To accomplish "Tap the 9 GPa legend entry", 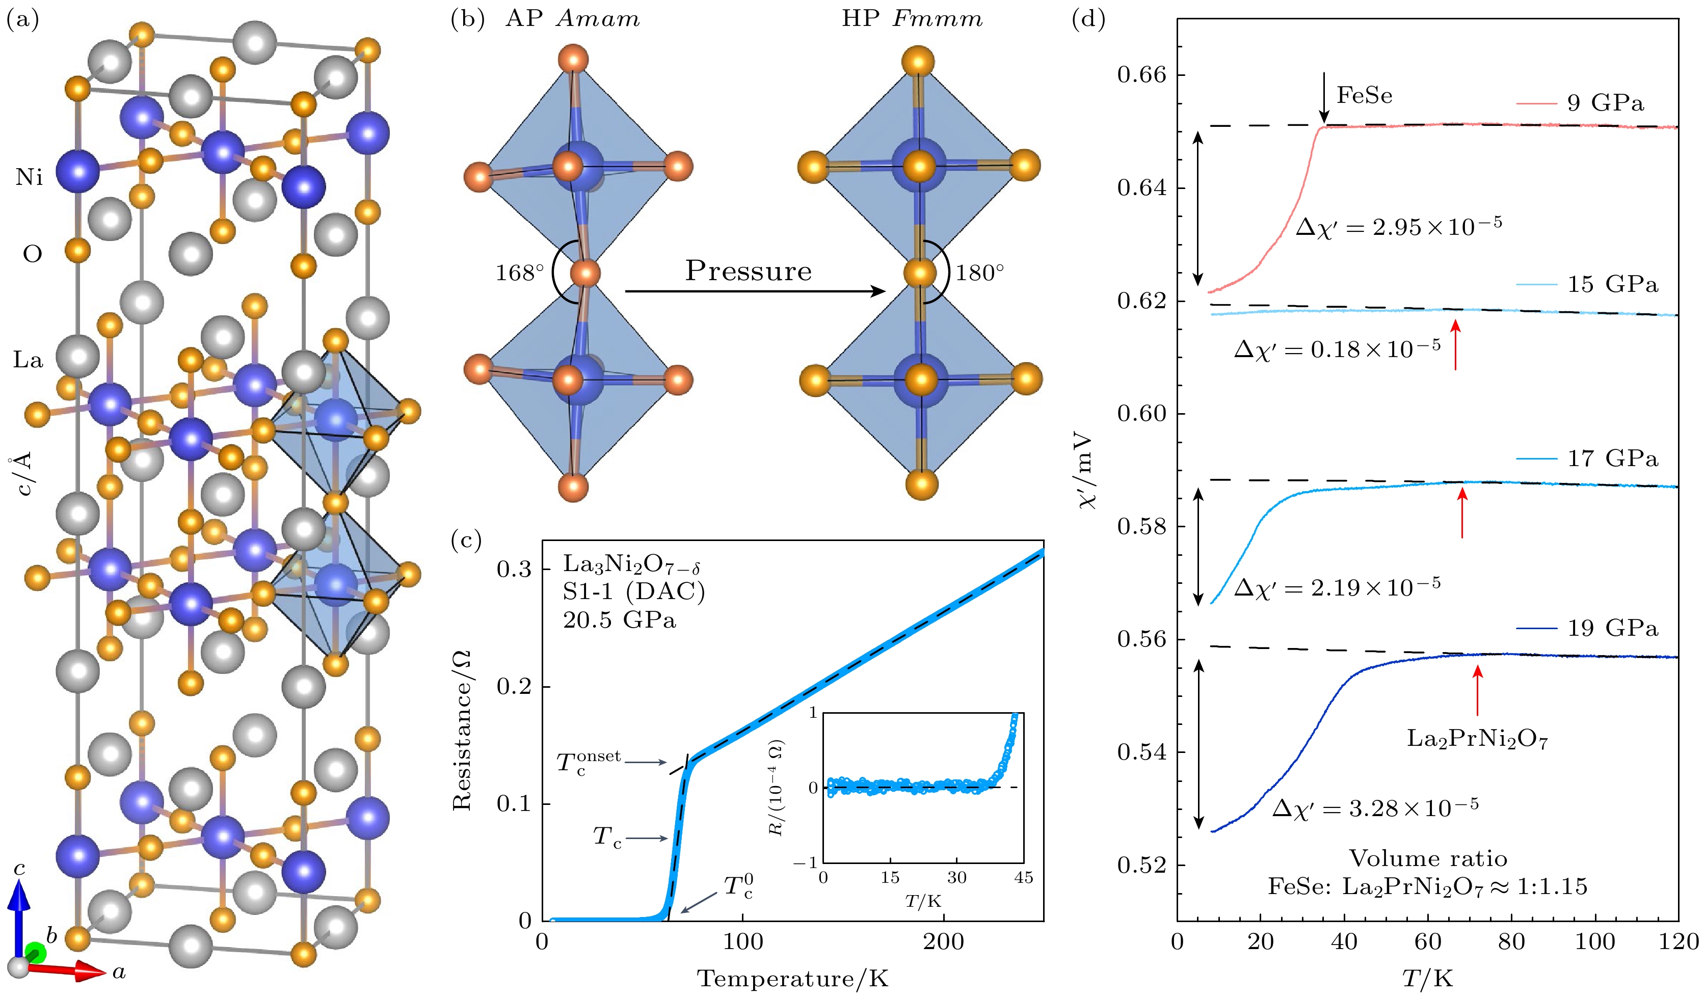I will pos(1605,103).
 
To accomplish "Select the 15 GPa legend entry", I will pos(1612,284).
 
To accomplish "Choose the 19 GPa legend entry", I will pos(1612,629).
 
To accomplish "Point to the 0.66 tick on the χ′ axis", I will pos(1142,74).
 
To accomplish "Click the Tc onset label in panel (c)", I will pos(588,761).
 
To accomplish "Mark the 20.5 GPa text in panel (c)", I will pos(619,621).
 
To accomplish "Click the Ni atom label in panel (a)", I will pos(29,177).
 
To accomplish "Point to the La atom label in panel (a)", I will pos(28,360).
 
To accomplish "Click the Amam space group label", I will pos(597,19).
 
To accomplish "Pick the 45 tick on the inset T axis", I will pos(1023,878).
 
